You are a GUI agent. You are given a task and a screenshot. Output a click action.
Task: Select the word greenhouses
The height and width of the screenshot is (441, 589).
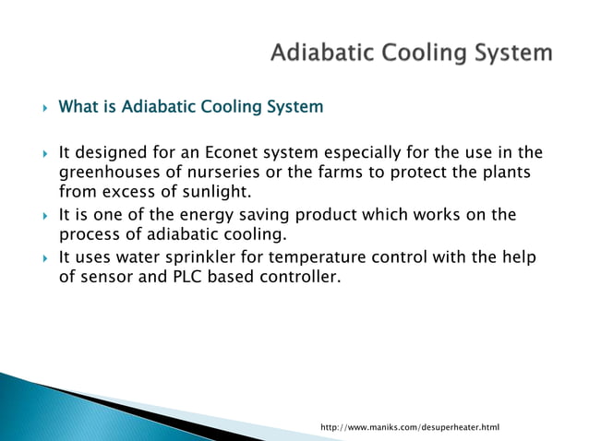pos(106,173)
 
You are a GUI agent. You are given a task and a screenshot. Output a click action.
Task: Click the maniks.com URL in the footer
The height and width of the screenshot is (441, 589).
pos(409,428)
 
